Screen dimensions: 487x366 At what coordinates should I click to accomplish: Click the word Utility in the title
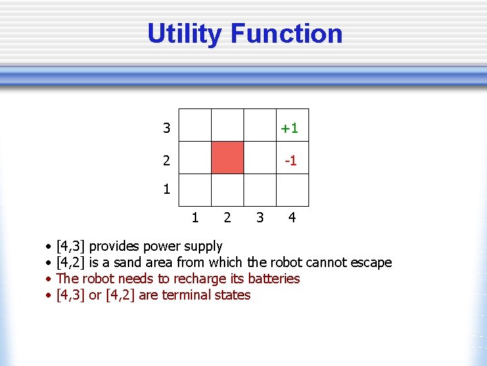pos(185,34)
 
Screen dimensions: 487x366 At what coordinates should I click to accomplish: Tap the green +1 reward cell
pos(290,128)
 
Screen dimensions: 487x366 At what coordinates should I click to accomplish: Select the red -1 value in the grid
pos(291,161)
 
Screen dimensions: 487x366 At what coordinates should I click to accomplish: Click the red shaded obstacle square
pos(227,158)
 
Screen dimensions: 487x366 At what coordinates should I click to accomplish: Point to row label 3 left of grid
pos(166,128)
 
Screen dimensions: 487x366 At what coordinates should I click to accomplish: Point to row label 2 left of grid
pos(166,161)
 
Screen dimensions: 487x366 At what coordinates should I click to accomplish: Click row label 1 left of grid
pos(166,190)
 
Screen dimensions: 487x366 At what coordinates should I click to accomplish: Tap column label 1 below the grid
pos(195,218)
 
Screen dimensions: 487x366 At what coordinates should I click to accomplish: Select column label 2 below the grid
pos(227,218)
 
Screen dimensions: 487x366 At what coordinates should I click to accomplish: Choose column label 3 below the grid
pos(260,218)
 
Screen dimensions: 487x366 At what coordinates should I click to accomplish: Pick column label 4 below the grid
pos(292,218)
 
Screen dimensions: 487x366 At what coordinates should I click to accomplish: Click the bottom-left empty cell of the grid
pos(195,190)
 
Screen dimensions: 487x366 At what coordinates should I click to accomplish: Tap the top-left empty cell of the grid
pos(195,125)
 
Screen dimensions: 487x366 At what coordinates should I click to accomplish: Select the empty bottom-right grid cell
pos(292,190)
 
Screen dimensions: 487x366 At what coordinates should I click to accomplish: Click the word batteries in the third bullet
pos(274,279)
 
